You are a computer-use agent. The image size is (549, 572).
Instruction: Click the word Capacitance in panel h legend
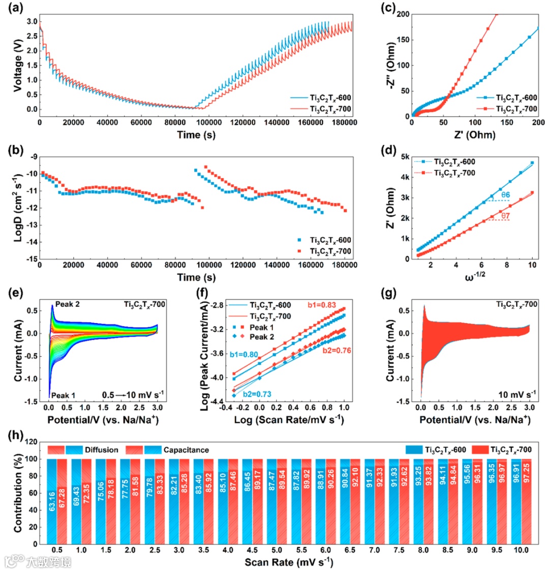(186, 450)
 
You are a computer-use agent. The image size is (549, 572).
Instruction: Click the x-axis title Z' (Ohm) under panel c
(475, 135)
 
